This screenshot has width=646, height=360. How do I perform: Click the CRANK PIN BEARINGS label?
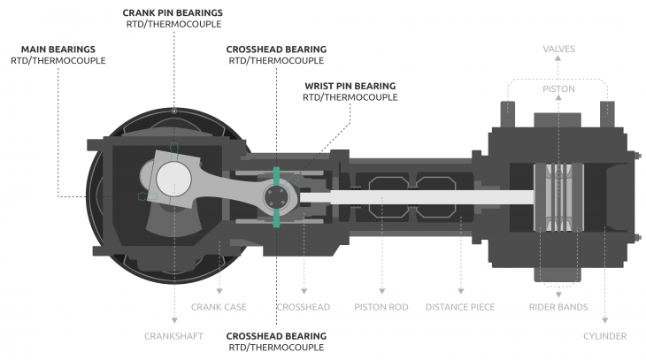(173, 12)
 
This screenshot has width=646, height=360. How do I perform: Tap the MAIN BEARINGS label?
(58, 50)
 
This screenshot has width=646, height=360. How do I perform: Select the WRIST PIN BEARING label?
(350, 86)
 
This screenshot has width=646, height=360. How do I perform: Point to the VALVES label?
(558, 49)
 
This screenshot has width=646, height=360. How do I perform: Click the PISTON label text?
(558, 89)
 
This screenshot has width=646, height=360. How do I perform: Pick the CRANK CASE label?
(219, 307)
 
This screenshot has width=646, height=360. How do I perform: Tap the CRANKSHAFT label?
(173, 336)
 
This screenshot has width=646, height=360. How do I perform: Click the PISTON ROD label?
(381, 307)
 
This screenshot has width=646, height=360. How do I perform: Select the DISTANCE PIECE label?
(460, 307)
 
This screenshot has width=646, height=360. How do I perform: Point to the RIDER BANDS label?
(558, 307)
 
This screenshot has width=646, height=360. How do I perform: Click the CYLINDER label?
(604, 336)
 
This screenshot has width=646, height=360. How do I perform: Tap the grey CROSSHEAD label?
(304, 307)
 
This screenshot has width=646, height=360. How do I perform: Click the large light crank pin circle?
(173, 180)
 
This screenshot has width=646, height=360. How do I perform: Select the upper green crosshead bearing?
(276, 176)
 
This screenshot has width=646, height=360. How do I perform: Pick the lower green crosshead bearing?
(276, 218)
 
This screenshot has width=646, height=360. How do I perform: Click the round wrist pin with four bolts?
(276, 197)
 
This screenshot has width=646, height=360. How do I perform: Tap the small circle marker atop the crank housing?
(174, 111)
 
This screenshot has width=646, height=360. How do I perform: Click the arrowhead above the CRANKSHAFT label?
(174, 320)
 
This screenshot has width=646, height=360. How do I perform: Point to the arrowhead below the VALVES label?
(558, 58)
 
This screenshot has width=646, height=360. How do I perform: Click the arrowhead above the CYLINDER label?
(604, 320)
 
